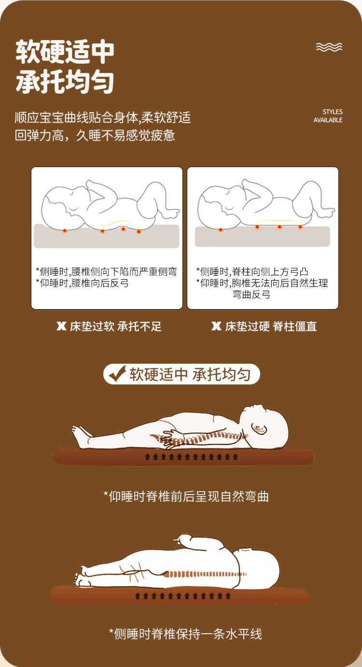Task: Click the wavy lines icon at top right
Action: coord(329,47)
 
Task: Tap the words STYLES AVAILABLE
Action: coord(328,116)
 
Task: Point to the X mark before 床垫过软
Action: coord(61,326)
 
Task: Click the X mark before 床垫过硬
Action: coord(216,326)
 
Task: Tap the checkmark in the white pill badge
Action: coord(117,374)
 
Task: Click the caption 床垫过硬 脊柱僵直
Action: coord(271,326)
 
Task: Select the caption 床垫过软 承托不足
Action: coord(116,326)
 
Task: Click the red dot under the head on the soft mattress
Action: coord(65,230)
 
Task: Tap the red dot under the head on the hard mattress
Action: coord(221,229)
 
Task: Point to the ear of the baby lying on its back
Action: coord(259,429)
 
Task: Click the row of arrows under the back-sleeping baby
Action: coord(192,457)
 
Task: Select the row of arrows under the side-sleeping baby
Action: coord(183,596)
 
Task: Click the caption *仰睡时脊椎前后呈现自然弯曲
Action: coord(186,497)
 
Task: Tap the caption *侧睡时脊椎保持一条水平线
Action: coord(186,634)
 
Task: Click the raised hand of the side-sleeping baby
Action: coord(182,539)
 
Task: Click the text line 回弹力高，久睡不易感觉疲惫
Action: coord(95,136)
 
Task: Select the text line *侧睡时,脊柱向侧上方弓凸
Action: coord(252,271)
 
